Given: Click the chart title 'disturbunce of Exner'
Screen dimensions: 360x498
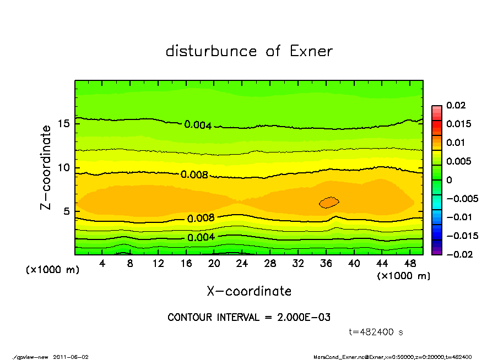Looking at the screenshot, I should [x=249, y=51].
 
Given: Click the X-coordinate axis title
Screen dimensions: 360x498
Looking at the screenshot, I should [x=249, y=291].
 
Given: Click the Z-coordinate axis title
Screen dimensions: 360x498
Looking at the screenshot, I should [x=46, y=167].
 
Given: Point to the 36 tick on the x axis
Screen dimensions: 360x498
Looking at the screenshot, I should [x=326, y=264].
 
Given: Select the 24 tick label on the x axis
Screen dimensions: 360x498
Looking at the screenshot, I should [x=242, y=264].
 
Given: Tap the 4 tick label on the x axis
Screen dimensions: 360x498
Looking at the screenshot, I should [x=102, y=264].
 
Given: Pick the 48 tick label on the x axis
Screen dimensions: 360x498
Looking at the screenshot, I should [x=410, y=264].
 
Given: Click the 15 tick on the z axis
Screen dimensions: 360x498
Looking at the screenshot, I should [x=65, y=124].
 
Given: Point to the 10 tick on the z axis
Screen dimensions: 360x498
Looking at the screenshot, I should [x=65, y=168].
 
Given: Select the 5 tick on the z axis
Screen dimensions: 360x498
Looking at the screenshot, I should [x=68, y=211].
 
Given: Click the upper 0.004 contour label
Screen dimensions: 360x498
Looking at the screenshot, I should [x=198, y=125].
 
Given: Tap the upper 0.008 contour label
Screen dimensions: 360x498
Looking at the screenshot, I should [x=194, y=175].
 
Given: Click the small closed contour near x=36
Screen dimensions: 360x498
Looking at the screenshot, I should [x=329, y=202].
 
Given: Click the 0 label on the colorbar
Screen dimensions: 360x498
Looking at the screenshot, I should [x=450, y=180].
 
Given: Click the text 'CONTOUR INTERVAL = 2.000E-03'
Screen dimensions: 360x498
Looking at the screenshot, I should [x=249, y=318].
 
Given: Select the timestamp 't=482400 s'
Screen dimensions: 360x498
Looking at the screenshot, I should [x=377, y=332].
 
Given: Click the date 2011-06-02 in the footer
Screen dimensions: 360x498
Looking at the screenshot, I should [x=71, y=357].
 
